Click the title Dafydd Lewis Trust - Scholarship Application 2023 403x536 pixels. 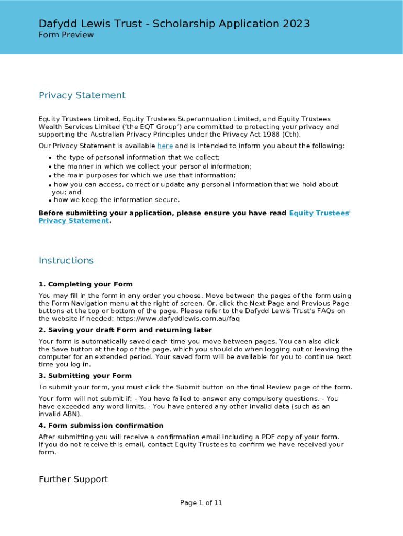[174, 24]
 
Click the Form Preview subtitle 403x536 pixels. [66, 35]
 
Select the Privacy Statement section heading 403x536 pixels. [82, 95]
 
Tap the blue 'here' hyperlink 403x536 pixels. [165, 146]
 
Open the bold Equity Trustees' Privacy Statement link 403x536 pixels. [319, 213]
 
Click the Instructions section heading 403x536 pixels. [66, 261]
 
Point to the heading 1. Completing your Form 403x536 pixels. [85, 284]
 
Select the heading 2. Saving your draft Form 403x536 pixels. [125, 330]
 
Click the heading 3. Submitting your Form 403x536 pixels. [85, 376]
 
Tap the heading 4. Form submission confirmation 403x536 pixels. [101, 426]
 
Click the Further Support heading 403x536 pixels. [73, 479]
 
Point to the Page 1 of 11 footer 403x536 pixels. [201, 503]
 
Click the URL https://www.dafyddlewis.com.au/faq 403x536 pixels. [177, 318]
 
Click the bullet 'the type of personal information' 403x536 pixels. [138, 158]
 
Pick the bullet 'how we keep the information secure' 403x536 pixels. [116, 200]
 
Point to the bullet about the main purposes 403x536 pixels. [144, 176]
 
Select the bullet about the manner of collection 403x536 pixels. [152, 166]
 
